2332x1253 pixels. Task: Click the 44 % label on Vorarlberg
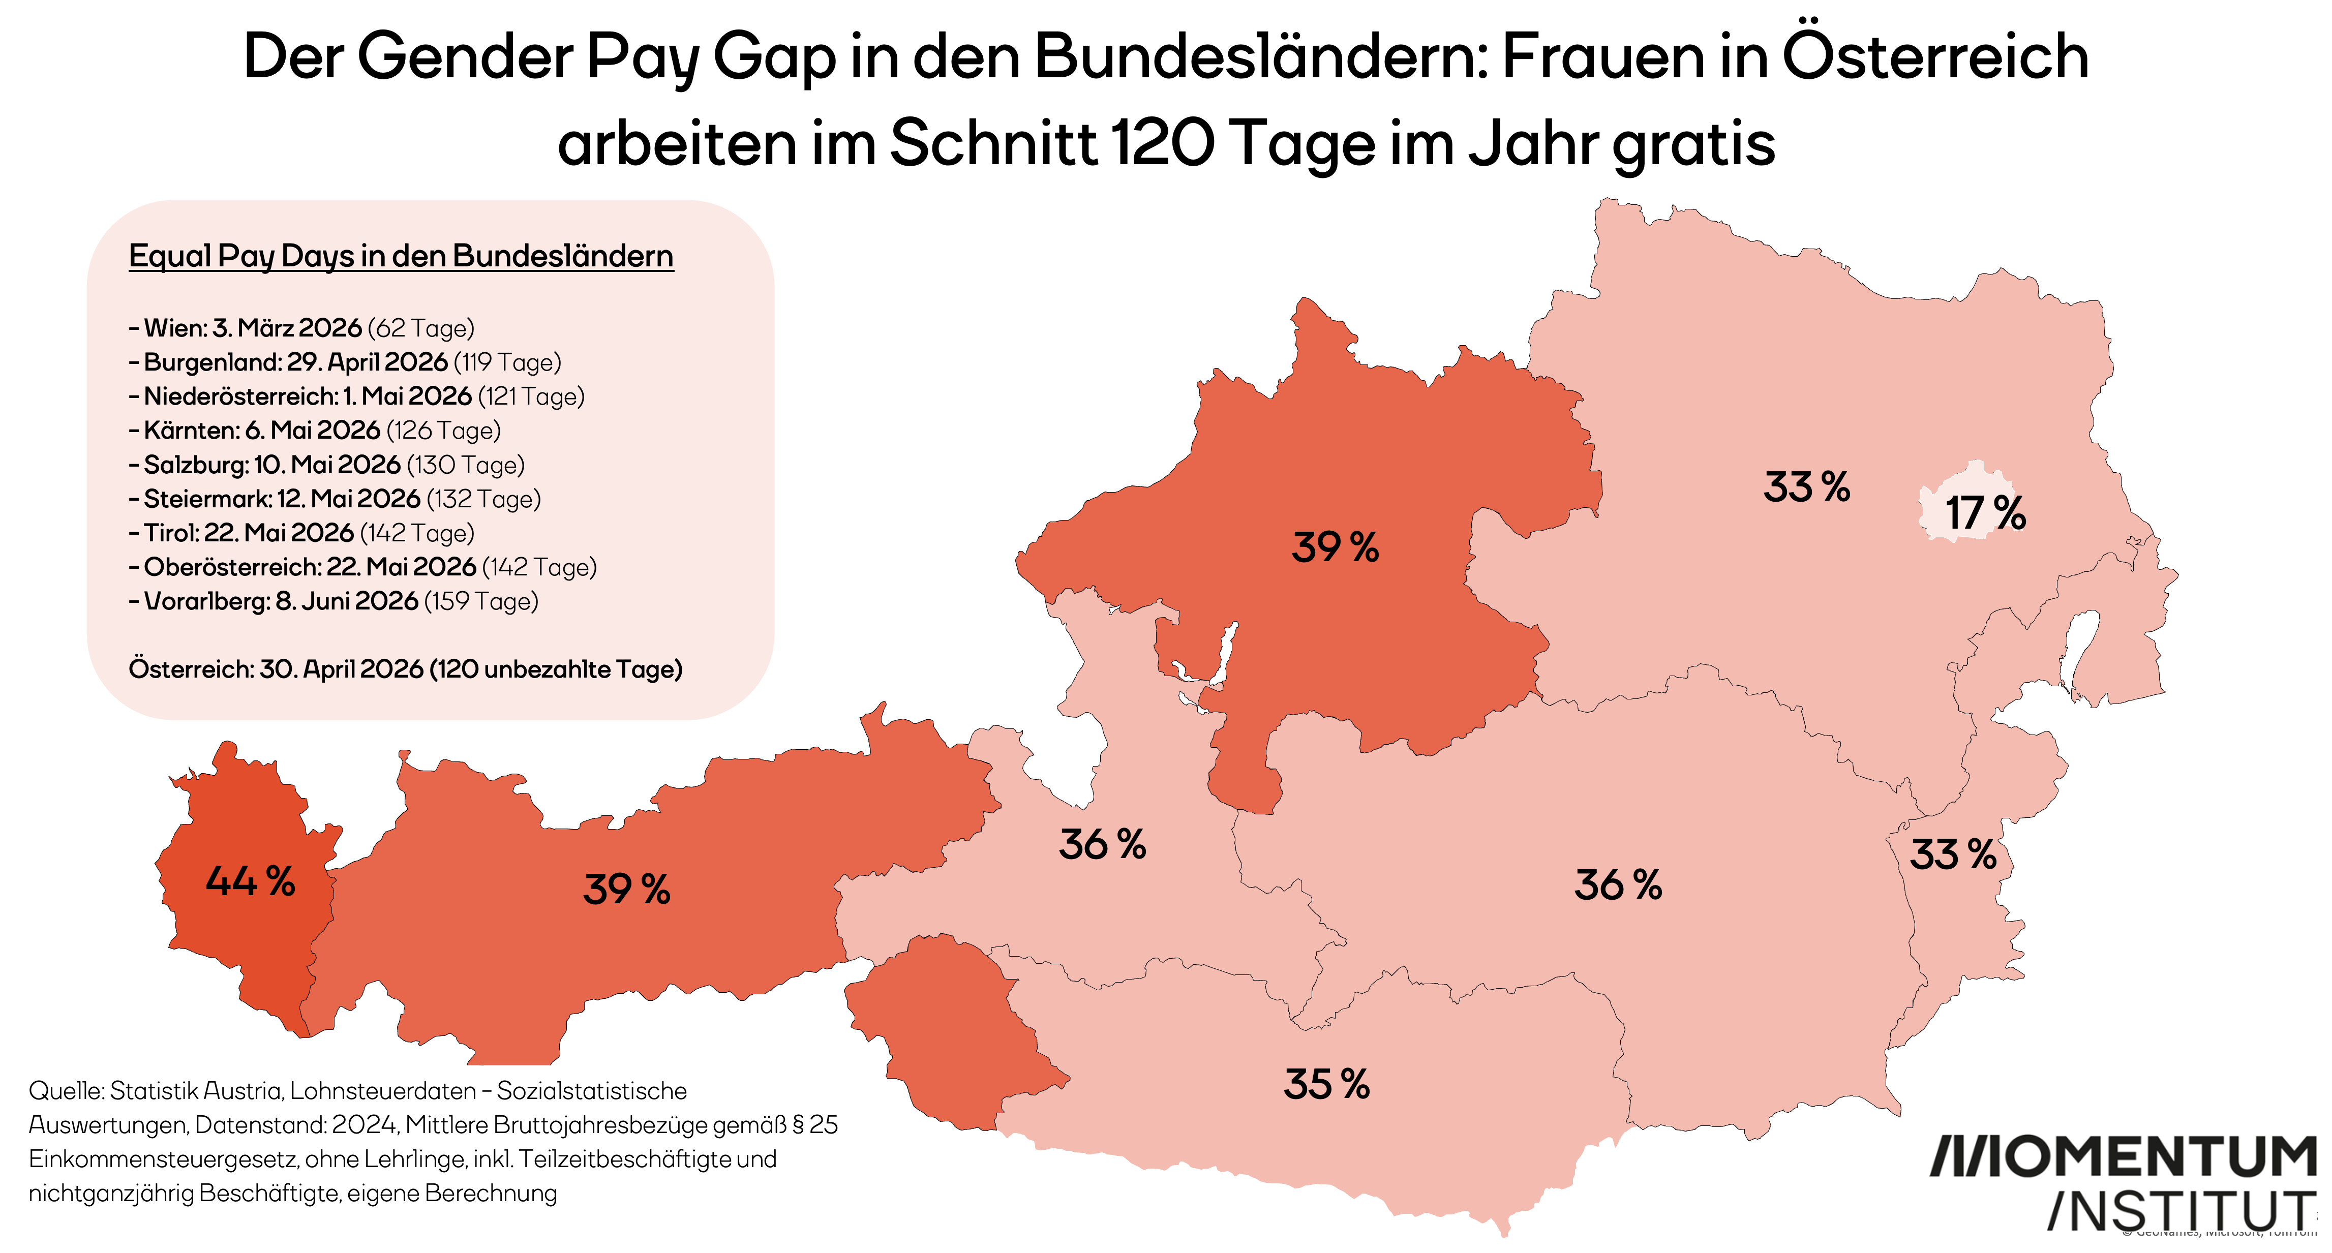tap(250, 881)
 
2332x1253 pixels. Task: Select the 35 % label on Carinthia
tap(1326, 1084)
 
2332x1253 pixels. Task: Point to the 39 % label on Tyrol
tap(626, 889)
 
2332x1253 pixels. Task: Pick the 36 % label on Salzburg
tap(1102, 845)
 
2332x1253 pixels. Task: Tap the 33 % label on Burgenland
tap(1953, 854)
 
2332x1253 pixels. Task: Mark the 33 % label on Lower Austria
tap(1806, 487)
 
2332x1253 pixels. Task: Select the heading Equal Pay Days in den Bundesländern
tap(401, 256)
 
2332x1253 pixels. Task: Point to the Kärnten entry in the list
tap(316, 430)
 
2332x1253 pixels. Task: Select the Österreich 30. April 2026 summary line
tap(406, 669)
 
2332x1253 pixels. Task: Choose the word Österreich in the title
tap(1935, 56)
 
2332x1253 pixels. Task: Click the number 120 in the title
tap(1162, 143)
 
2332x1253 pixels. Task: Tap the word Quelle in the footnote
tap(66, 1091)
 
